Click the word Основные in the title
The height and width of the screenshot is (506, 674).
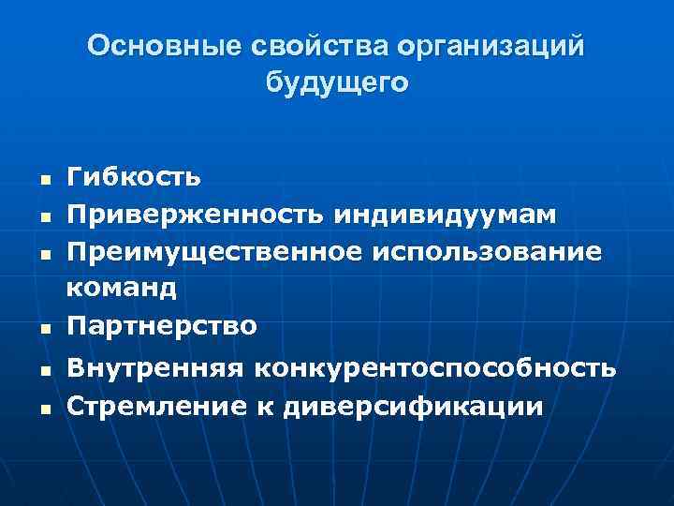pyautogui.click(x=151, y=46)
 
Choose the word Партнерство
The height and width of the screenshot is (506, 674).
pyautogui.click(x=160, y=325)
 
